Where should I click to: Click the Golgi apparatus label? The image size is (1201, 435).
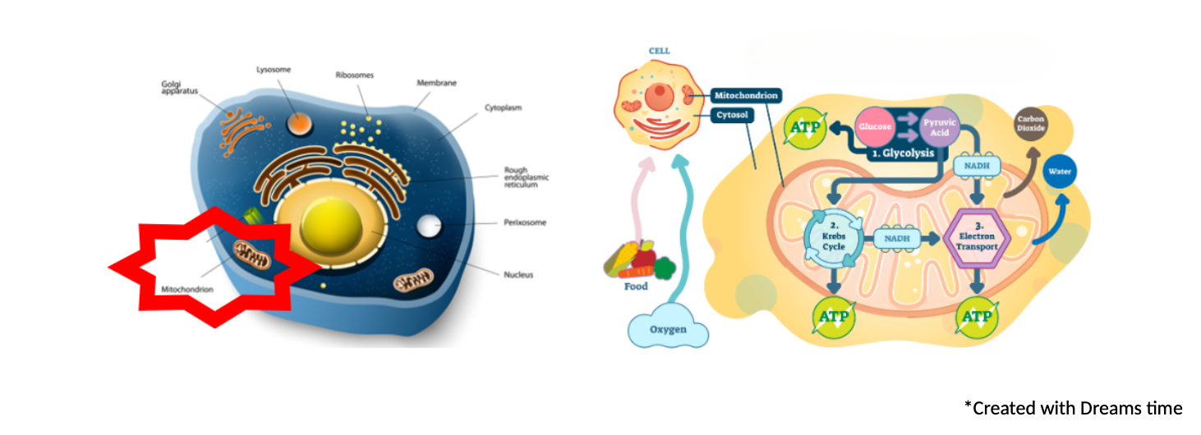(x=180, y=87)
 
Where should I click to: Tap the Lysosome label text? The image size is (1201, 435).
(x=274, y=70)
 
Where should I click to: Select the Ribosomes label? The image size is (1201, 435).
(x=354, y=75)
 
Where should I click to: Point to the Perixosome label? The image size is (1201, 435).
(x=525, y=222)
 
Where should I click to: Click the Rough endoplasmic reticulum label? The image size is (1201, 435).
(x=526, y=177)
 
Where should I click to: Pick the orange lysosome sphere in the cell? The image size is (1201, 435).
(x=299, y=124)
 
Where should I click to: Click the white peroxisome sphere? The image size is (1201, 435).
(x=429, y=226)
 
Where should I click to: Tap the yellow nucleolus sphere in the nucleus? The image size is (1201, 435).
(x=331, y=225)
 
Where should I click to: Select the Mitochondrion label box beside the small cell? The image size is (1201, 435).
(x=746, y=95)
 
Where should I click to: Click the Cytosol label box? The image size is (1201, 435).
(x=732, y=115)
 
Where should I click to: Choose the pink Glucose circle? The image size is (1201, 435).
(x=875, y=127)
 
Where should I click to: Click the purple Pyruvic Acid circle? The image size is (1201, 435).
(x=939, y=127)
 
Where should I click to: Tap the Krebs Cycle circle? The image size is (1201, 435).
(x=834, y=237)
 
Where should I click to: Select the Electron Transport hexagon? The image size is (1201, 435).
(x=977, y=237)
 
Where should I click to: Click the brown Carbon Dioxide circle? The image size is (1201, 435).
(x=1030, y=124)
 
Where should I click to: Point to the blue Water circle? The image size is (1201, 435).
(x=1060, y=172)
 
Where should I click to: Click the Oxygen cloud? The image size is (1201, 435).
(x=668, y=327)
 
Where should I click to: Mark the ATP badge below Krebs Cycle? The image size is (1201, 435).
(x=833, y=317)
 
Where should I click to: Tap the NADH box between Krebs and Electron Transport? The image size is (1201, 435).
(x=897, y=239)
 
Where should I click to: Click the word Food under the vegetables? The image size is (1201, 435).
(x=636, y=286)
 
